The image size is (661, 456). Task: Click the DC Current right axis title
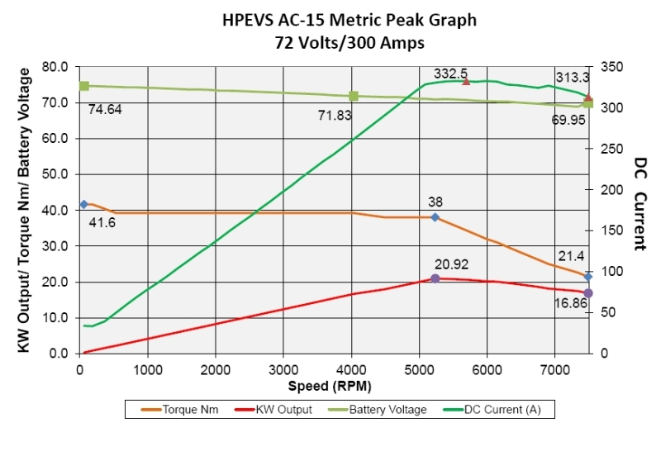click(639, 203)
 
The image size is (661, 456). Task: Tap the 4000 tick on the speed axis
click(351, 369)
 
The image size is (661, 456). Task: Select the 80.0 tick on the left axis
click(52, 66)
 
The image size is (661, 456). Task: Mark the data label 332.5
click(450, 74)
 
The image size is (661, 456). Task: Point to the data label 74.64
click(105, 108)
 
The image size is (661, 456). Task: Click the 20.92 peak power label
click(450, 265)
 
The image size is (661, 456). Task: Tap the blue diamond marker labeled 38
click(435, 217)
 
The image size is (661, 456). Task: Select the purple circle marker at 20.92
click(435, 278)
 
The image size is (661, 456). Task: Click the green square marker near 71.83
click(354, 97)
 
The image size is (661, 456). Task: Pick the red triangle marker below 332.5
click(466, 81)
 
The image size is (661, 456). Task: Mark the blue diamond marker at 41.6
click(83, 204)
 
